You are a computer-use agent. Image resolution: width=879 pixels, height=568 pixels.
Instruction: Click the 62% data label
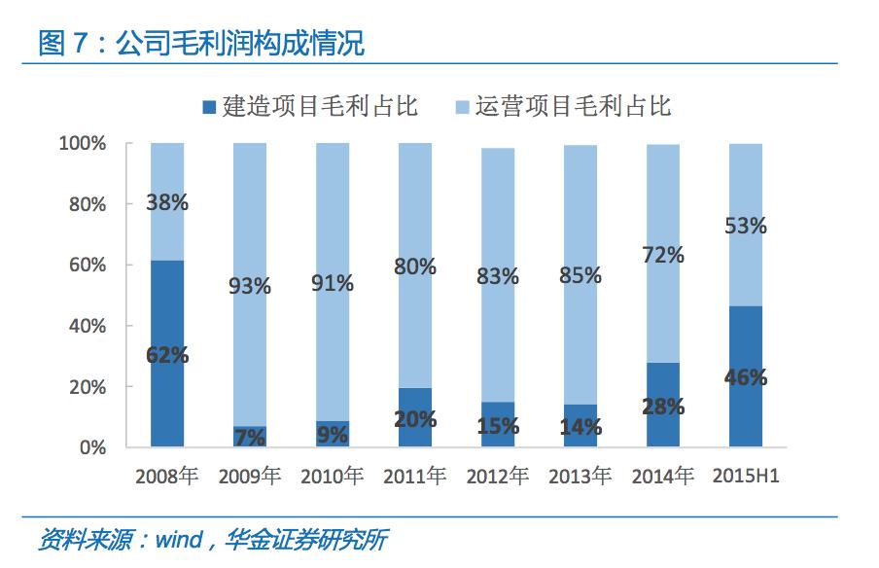[167, 356]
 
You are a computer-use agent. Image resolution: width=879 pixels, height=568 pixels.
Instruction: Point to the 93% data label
[250, 287]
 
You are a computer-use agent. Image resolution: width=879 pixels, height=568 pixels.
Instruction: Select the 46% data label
[746, 377]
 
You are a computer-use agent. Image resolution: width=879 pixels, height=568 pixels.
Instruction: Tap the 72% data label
[663, 256]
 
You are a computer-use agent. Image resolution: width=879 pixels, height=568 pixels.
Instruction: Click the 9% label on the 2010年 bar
[333, 437]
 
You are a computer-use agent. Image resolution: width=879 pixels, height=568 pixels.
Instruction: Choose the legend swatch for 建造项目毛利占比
[210, 106]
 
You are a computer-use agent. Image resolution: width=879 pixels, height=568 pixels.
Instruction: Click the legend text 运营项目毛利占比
[573, 106]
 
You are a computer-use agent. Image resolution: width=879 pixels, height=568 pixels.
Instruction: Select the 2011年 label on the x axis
[415, 477]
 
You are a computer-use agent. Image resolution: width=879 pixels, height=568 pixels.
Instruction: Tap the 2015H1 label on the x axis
[747, 477]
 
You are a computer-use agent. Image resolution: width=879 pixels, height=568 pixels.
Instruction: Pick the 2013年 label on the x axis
[580, 477]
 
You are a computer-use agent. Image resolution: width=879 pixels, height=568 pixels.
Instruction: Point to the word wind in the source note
[177, 540]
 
